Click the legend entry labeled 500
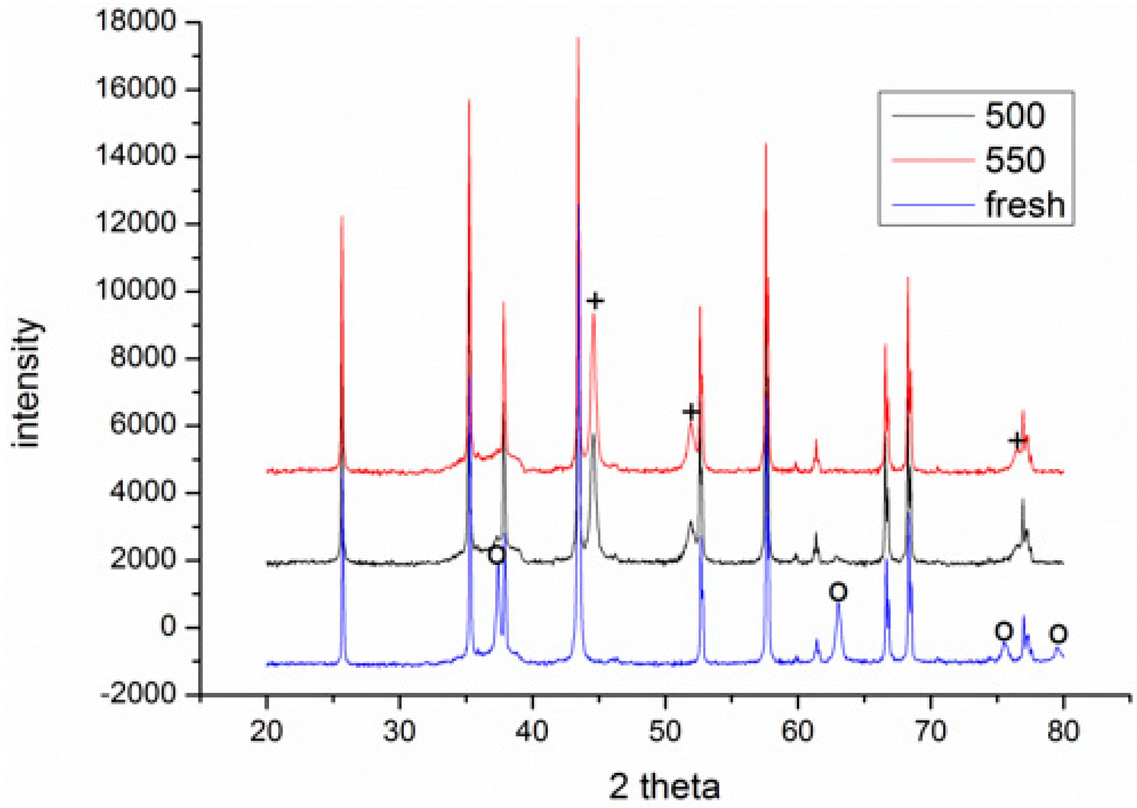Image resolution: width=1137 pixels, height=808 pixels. point(1015,116)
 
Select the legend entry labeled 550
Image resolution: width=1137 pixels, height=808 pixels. point(1015,160)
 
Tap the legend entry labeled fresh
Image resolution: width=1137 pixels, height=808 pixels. point(1025,204)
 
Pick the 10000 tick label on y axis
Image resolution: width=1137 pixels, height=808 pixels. point(135,290)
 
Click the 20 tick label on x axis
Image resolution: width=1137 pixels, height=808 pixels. point(267,732)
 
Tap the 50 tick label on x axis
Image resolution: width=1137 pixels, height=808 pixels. point(665,732)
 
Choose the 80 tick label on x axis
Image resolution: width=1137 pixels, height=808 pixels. point(1063,732)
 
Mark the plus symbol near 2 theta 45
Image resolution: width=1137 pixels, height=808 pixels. point(595,301)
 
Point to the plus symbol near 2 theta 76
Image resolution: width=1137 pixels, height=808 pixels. point(1018,440)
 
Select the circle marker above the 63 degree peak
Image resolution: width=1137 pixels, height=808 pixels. point(838,592)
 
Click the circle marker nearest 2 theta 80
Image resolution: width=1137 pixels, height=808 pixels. point(1058,633)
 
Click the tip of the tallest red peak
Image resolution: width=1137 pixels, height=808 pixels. point(578,38)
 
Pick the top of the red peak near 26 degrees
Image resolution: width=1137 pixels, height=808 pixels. point(342,216)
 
